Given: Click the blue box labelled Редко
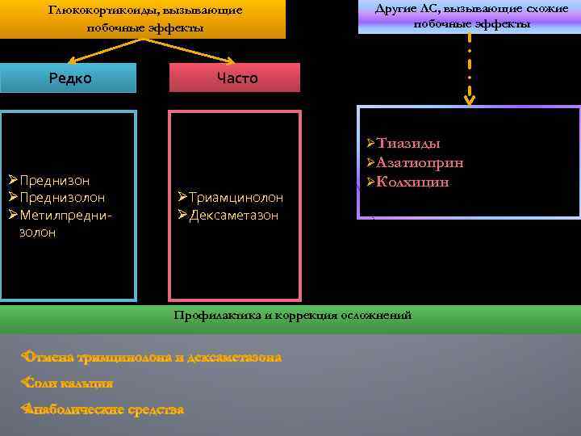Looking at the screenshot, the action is point(69,78).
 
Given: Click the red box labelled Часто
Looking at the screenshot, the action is point(234,78).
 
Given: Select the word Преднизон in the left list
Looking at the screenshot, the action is point(54,180).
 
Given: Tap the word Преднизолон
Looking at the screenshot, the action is point(62,198).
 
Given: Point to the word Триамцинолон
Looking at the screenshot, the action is point(236,198).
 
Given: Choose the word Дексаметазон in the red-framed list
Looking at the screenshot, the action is point(233,216).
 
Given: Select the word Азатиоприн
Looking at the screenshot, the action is point(420,163).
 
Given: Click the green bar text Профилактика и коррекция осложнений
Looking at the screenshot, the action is point(293,315).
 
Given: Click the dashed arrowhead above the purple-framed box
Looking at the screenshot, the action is point(468,99).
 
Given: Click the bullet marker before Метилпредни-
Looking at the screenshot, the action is point(12,216).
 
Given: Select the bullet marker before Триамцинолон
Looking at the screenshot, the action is point(182,198).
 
